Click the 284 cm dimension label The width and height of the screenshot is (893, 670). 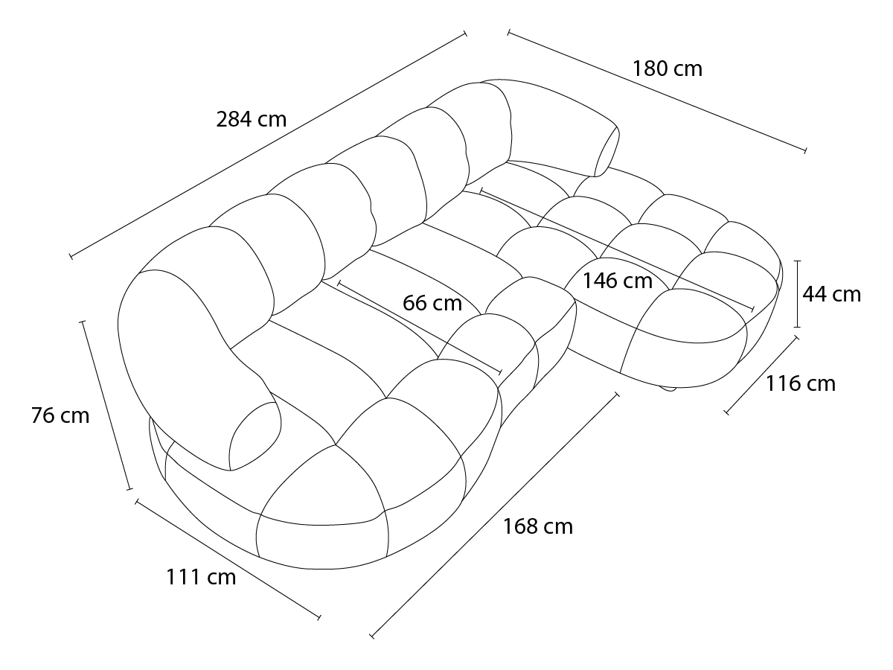pyautogui.click(x=251, y=120)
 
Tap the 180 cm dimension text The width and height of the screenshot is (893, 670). pyautogui.click(x=668, y=68)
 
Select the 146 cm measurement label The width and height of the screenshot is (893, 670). pyautogui.click(x=618, y=281)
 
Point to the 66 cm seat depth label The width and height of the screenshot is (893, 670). pyautogui.click(x=432, y=303)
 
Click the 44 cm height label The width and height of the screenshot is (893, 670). pyautogui.click(x=831, y=294)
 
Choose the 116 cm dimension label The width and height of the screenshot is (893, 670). pyautogui.click(x=801, y=383)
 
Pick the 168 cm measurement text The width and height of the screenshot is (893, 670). pyautogui.click(x=538, y=526)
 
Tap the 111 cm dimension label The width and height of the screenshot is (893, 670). pyautogui.click(x=201, y=577)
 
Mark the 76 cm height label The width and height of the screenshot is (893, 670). pyautogui.click(x=60, y=415)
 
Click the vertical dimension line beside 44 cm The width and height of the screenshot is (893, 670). pyautogui.click(x=798, y=294)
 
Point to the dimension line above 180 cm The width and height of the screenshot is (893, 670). pyautogui.click(x=656, y=92)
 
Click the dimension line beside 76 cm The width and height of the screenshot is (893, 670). pyautogui.click(x=106, y=406)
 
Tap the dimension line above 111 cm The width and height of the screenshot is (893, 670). pyautogui.click(x=228, y=559)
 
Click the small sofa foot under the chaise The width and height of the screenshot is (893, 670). pyautogui.click(x=668, y=389)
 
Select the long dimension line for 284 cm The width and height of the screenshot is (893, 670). pyautogui.click(x=268, y=145)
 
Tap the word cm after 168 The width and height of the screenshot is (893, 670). pyautogui.click(x=558, y=528)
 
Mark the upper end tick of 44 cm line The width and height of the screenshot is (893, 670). pyautogui.click(x=798, y=261)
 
